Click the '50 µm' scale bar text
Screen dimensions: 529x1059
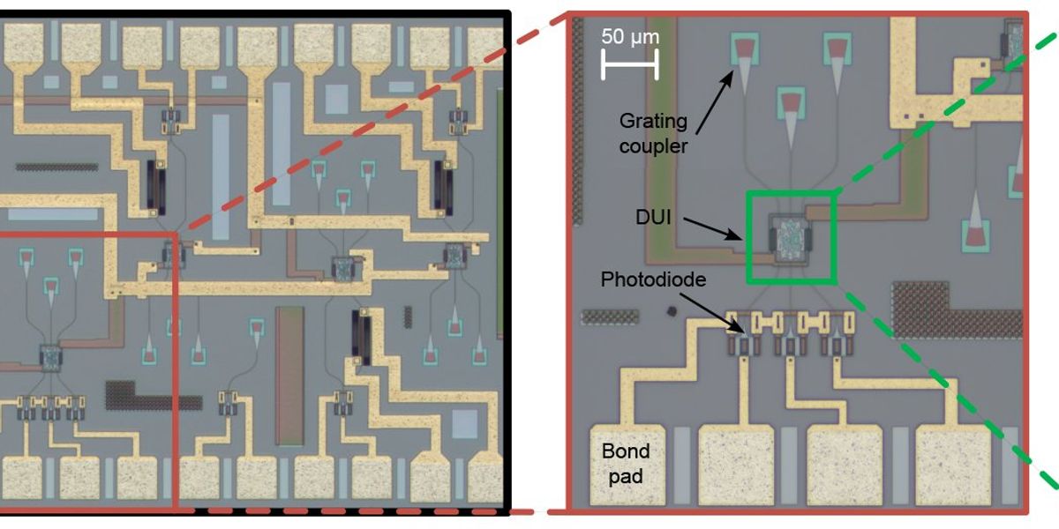(629, 37)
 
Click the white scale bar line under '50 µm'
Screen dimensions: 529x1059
(629, 63)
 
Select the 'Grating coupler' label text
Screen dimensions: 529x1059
(652, 132)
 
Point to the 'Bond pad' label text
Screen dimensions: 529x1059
(626, 464)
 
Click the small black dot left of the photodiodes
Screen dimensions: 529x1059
(672, 311)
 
